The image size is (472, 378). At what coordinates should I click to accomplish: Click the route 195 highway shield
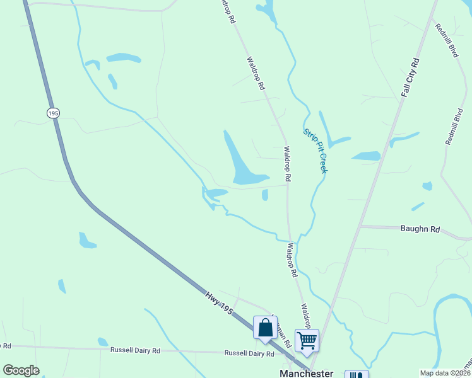[x=53, y=113]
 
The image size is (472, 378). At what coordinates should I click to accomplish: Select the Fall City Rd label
[x=410, y=77]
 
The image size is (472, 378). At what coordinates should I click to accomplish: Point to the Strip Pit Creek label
[x=316, y=152]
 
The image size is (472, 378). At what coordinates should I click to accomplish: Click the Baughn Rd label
[x=420, y=229]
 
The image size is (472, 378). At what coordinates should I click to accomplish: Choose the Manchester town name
[x=306, y=373]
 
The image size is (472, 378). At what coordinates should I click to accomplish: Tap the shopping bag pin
[x=265, y=328]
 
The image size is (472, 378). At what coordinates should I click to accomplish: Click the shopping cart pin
[x=307, y=340]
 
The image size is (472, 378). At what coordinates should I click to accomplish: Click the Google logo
[x=21, y=370]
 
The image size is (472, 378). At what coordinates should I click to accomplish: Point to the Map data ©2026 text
[x=444, y=373]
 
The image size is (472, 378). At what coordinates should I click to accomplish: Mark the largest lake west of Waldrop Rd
[x=240, y=161]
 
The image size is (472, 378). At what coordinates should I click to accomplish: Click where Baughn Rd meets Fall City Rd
[x=360, y=225]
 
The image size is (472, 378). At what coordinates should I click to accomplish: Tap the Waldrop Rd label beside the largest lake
[x=287, y=164]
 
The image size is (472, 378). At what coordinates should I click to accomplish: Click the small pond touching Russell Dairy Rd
[x=103, y=342]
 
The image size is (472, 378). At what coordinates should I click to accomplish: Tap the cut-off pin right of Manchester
[x=358, y=375]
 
